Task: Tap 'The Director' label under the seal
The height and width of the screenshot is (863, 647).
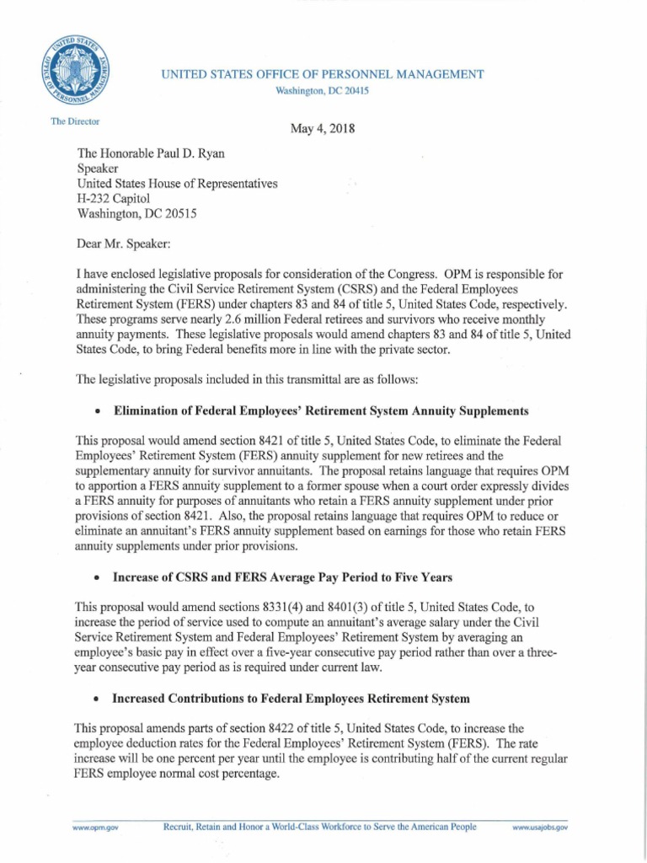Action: (x=75, y=121)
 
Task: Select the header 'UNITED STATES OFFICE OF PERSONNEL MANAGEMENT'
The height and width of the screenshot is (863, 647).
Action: (x=323, y=75)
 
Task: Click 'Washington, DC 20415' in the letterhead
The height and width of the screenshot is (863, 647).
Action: (x=323, y=90)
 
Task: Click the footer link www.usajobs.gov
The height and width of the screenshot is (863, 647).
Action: (x=540, y=828)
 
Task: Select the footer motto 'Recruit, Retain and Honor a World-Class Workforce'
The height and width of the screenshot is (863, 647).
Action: (x=320, y=828)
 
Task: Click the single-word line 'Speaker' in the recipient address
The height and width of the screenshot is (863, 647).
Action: (x=99, y=169)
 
